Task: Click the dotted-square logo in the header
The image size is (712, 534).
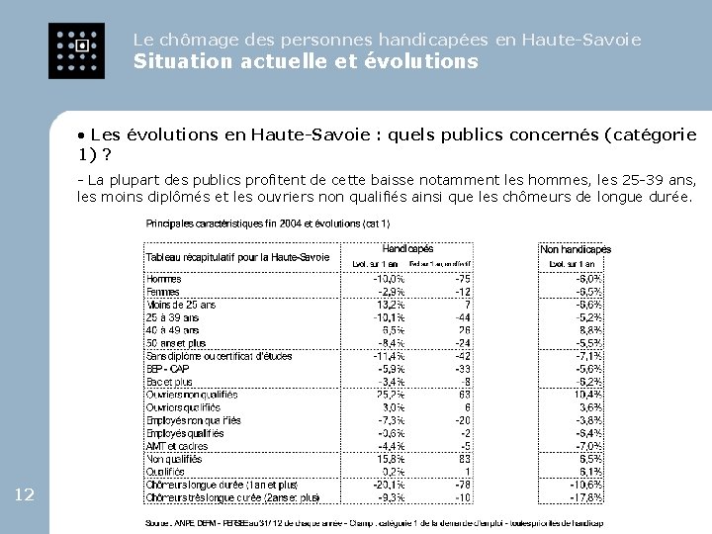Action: tap(75, 50)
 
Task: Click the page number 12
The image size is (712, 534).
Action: tap(26, 494)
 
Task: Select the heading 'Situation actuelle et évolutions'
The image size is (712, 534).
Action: tap(306, 62)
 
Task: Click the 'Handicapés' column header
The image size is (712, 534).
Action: tap(407, 249)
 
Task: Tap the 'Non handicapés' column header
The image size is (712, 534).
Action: tap(576, 250)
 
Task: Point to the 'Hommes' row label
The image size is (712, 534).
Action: tap(164, 279)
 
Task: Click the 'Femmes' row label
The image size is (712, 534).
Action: tap(164, 292)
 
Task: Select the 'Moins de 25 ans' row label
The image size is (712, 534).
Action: tap(180, 305)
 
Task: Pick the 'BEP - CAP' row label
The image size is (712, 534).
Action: tap(169, 369)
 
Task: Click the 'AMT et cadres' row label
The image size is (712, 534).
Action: tap(177, 446)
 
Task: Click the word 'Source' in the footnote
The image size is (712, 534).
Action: tap(158, 523)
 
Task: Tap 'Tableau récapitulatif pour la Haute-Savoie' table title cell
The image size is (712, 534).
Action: tap(237, 257)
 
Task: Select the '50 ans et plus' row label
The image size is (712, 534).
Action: tap(177, 343)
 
